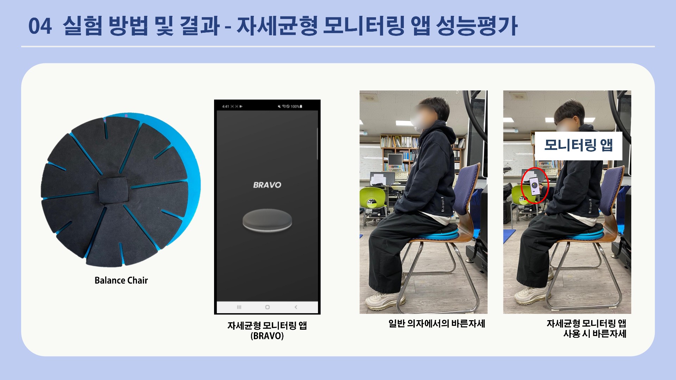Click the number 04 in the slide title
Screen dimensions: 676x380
click(40, 26)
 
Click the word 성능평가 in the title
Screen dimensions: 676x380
click(477, 26)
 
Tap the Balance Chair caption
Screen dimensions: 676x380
click(121, 280)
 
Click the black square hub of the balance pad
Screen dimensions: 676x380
click(112, 190)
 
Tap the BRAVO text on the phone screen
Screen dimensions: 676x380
click(267, 185)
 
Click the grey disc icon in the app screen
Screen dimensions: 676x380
click(267, 221)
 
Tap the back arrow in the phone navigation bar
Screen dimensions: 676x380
click(296, 307)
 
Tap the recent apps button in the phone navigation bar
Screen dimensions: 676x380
click(239, 307)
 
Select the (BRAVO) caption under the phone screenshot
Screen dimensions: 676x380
click(267, 336)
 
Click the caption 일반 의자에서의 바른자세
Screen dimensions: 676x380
click(437, 324)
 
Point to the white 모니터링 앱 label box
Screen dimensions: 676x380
click(578, 146)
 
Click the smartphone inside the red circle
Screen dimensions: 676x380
click(534, 186)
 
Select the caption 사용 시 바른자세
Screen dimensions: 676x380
click(595, 334)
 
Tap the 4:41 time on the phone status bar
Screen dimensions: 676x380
click(226, 106)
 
